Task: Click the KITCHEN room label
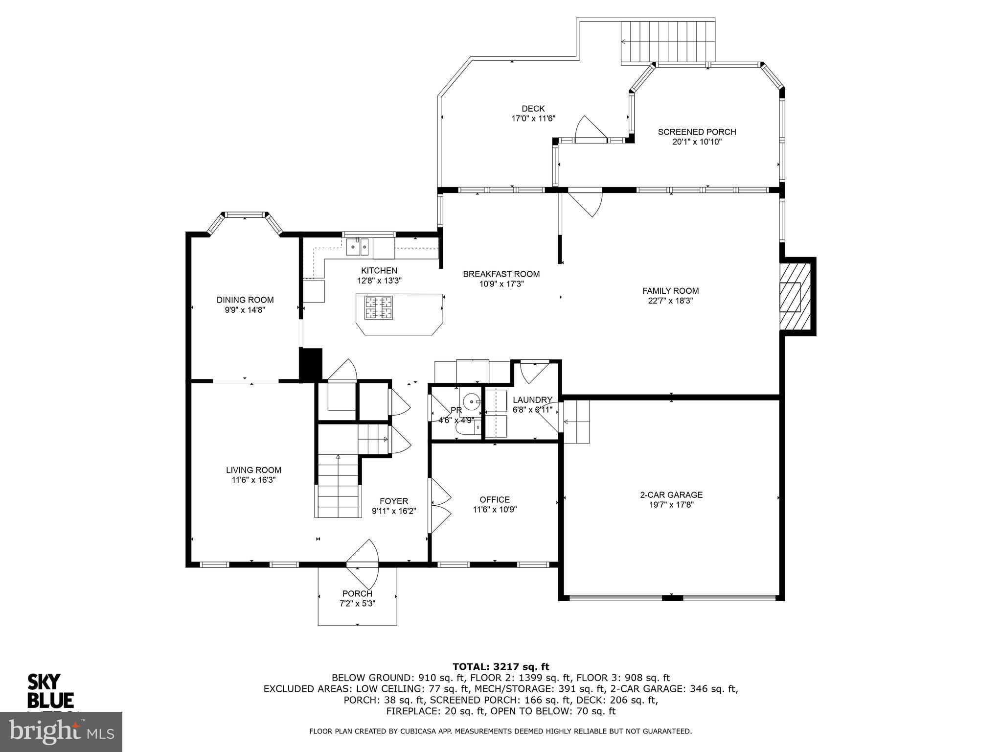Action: (379, 271)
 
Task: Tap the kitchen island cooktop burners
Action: (378, 308)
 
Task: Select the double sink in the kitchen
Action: (357, 247)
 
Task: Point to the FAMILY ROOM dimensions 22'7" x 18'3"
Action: (670, 301)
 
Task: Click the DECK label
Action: (533, 109)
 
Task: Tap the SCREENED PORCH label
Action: (697, 132)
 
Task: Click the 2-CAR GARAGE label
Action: (671, 495)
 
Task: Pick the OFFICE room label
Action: (495, 500)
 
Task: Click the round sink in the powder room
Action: (471, 402)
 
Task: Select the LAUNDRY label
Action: (532, 400)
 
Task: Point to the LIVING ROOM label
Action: (253, 470)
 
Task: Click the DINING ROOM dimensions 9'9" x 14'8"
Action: (245, 310)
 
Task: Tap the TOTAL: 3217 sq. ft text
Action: (501, 667)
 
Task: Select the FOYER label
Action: (394, 501)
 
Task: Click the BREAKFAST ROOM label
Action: (501, 274)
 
